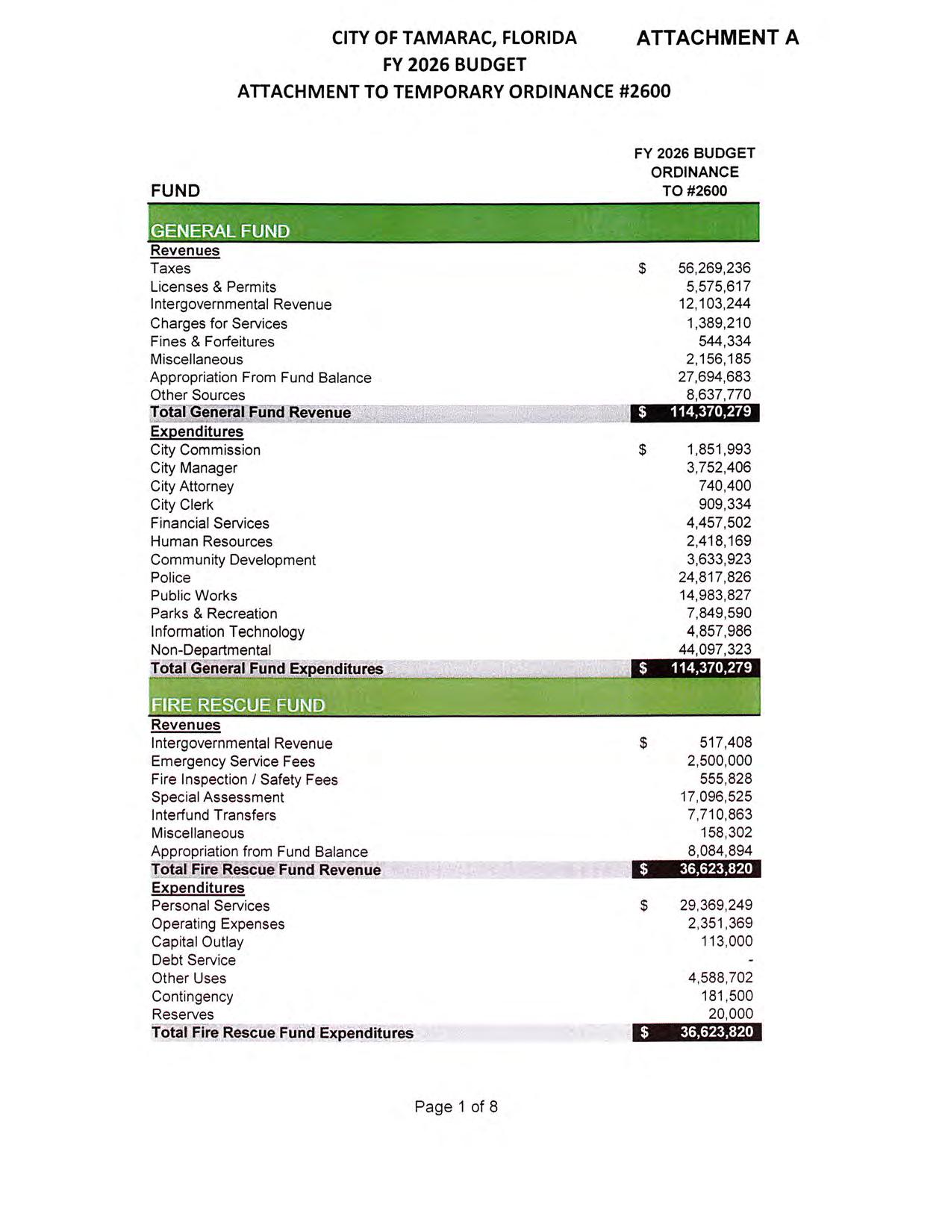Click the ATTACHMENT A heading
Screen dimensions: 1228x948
[717, 37]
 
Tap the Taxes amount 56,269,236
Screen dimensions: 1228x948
[714, 268]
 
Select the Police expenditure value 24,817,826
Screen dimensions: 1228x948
[714, 577]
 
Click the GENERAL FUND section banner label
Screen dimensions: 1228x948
[220, 231]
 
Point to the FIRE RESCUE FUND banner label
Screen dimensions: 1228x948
[238, 705]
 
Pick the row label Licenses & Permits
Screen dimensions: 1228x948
[213, 287]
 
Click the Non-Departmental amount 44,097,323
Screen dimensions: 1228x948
[714, 649]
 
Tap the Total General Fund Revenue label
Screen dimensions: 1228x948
[250, 413]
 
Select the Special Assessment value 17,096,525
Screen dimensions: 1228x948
[716, 797]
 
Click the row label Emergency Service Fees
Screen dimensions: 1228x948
[233, 761]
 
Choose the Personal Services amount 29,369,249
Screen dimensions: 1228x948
[716, 906]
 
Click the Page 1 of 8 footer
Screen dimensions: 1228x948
[456, 1106]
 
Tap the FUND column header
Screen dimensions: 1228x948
[175, 190]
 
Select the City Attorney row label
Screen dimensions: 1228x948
[192, 486]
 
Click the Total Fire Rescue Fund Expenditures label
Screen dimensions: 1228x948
[282, 1033]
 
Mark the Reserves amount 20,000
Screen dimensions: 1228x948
[730, 1014]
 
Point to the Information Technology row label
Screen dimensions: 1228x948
[228, 632]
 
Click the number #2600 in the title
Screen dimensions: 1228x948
[645, 91]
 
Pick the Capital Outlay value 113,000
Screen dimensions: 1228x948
[726, 941]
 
